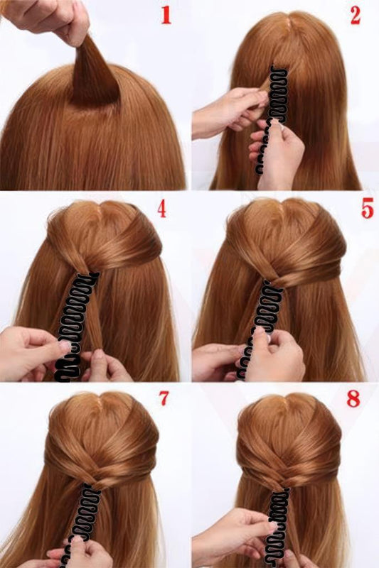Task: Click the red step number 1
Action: tap(166, 15)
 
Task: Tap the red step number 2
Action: tap(356, 15)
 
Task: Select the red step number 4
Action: tap(161, 209)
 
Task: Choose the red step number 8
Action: tap(353, 398)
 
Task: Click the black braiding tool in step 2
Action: tap(272, 119)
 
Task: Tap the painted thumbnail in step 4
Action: tap(65, 346)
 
